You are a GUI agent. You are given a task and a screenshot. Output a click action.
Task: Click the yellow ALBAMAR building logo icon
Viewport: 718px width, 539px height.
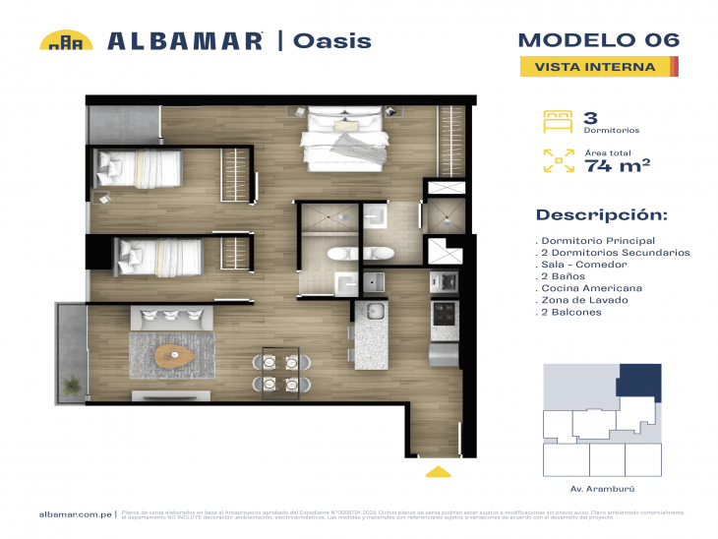(x=66, y=41)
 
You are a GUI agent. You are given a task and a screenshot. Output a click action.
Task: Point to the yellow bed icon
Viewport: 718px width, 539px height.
(x=558, y=122)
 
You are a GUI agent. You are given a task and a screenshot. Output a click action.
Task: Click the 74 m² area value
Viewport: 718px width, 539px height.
(x=617, y=166)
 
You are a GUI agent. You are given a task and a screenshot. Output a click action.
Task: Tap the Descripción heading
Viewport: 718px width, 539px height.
(x=601, y=215)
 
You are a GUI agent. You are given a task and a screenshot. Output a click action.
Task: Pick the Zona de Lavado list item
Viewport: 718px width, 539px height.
(x=587, y=300)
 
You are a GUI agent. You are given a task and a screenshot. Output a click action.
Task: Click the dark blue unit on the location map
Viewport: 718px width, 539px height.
(x=639, y=380)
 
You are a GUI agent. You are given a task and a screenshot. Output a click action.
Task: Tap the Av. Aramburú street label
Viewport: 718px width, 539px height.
(x=599, y=489)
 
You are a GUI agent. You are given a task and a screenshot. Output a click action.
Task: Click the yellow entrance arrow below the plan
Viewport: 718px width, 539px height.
(x=438, y=472)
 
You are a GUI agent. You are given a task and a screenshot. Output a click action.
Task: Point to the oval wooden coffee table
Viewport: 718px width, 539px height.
(x=176, y=351)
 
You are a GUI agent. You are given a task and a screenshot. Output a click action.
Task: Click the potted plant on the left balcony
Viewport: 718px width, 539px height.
(x=71, y=383)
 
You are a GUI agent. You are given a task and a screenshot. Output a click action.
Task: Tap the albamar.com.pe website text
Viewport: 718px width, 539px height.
(x=75, y=514)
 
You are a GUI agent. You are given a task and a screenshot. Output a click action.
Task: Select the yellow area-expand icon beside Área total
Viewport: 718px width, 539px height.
(x=558, y=161)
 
